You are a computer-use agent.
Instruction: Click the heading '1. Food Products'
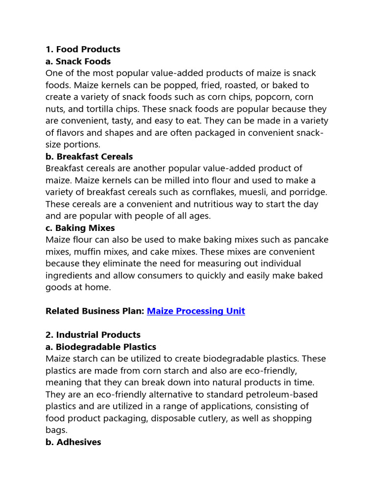83,50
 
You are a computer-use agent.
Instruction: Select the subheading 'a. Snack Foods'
78,61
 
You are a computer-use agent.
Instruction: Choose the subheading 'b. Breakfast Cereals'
89,157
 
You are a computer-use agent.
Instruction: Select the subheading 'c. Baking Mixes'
80,228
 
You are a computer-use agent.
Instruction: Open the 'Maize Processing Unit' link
196,311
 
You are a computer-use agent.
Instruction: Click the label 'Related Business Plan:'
94,311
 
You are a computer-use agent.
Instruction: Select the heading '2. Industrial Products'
93,335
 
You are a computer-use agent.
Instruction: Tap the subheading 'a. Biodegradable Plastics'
101,347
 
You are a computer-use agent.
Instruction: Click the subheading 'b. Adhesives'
73,442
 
